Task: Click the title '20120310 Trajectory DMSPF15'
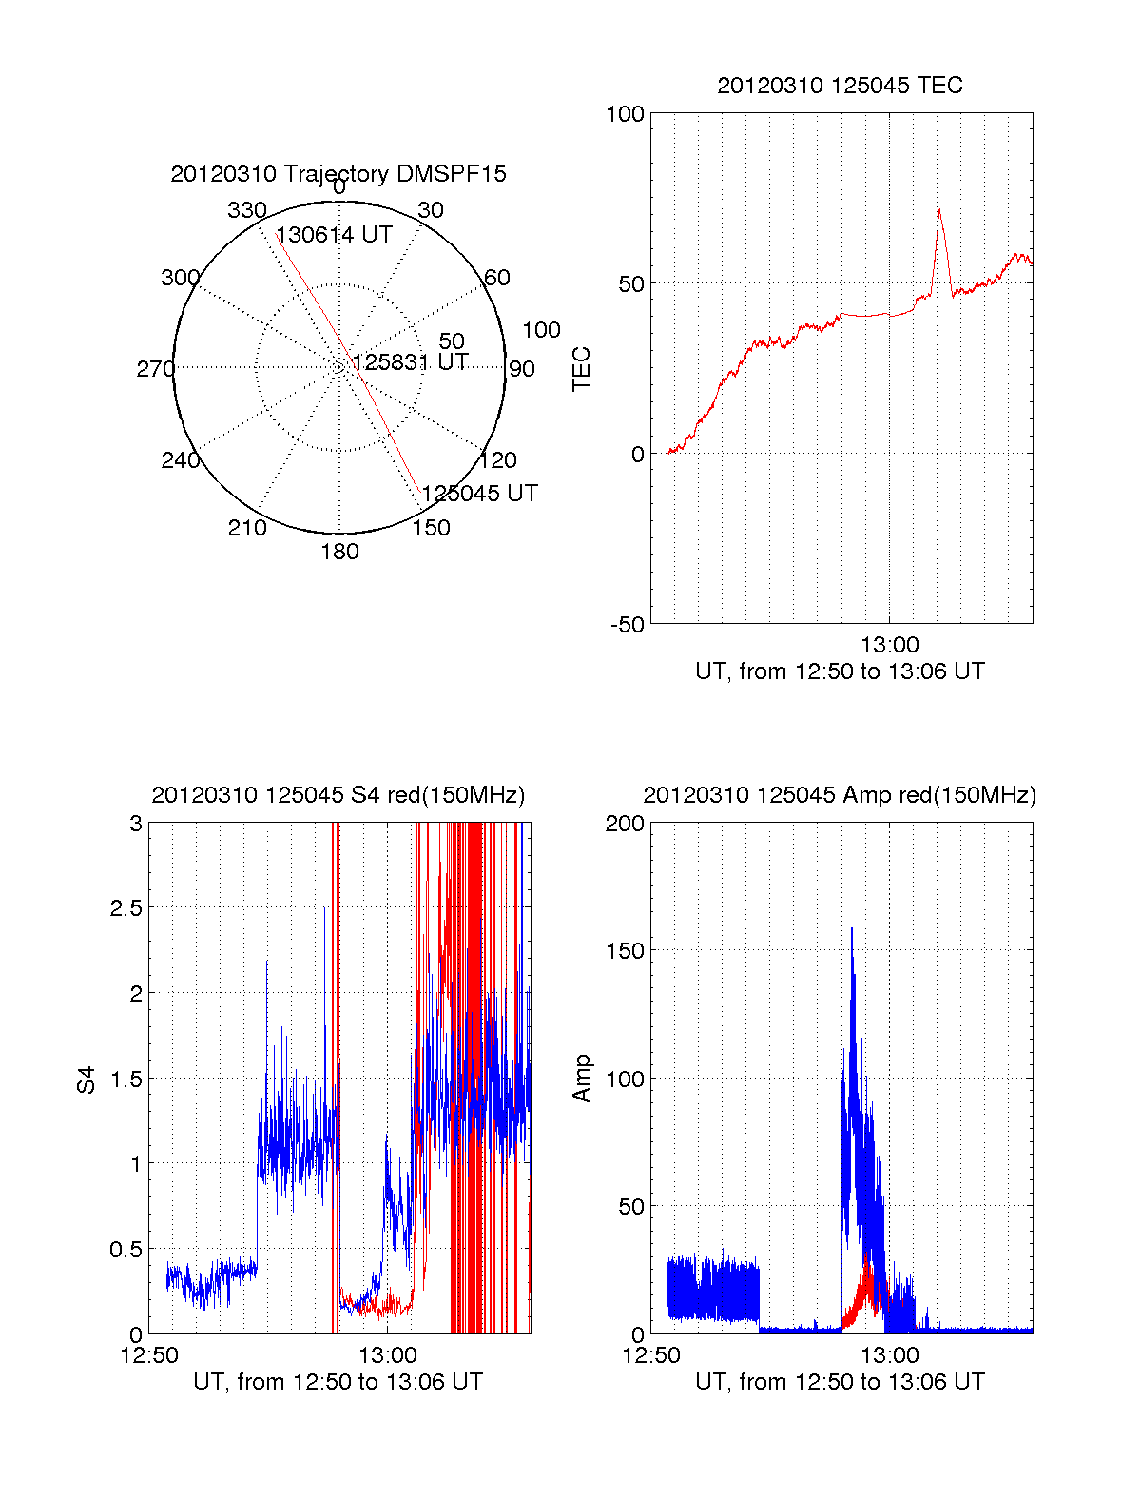[338, 174]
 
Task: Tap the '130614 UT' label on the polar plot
[334, 235]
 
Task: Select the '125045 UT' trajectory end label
[479, 494]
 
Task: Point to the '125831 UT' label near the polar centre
[410, 362]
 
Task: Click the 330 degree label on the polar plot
[247, 210]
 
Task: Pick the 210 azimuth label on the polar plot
[247, 528]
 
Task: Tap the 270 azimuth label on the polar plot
[155, 369]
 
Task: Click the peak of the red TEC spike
[939, 209]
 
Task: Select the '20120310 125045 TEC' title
[840, 86]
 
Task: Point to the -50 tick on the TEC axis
[627, 625]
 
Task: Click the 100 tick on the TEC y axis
[625, 114]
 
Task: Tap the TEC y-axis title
[581, 369]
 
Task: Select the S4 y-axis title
[87, 1080]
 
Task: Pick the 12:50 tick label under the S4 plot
[149, 1355]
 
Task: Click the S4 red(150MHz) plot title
[338, 795]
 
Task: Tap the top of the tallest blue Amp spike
[851, 928]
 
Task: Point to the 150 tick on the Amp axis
[625, 951]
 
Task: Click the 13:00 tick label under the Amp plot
[889, 1355]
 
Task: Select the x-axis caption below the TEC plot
[840, 671]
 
